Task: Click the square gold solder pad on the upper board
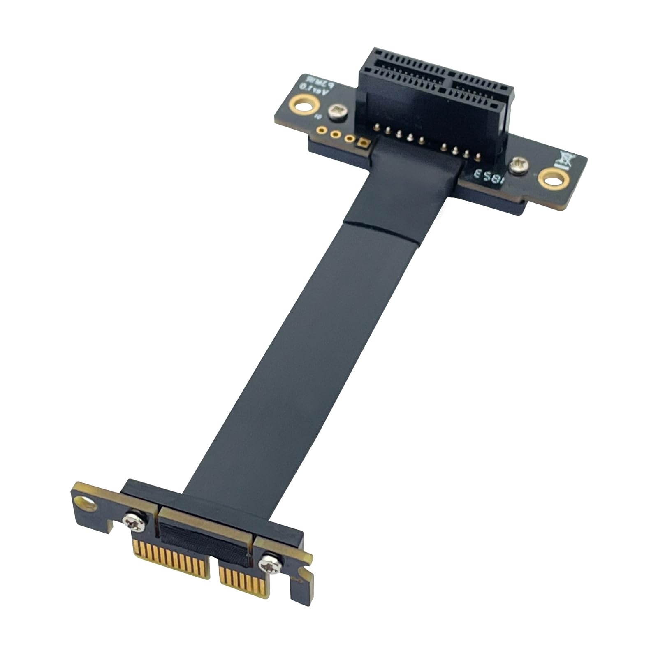tap(364, 143)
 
